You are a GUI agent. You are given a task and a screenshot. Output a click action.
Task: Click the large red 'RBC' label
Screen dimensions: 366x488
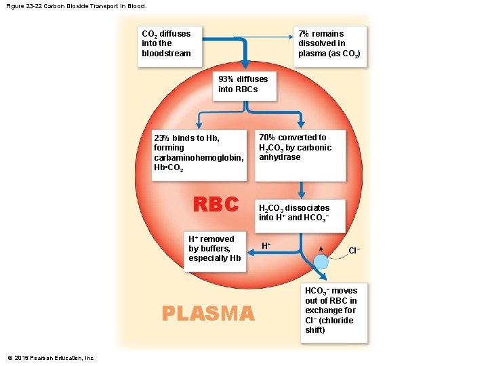(216, 204)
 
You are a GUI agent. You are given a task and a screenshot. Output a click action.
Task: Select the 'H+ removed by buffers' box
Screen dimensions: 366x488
(215, 249)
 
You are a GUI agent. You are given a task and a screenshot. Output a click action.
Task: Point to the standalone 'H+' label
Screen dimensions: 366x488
(266, 245)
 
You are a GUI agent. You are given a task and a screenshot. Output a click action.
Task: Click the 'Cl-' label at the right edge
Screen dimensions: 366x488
(354, 251)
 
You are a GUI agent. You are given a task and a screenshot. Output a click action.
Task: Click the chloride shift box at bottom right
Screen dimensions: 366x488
(334, 310)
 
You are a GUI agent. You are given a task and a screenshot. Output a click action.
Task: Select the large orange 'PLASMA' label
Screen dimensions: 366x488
(208, 313)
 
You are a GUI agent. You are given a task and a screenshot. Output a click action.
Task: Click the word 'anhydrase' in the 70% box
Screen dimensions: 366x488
(279, 157)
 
